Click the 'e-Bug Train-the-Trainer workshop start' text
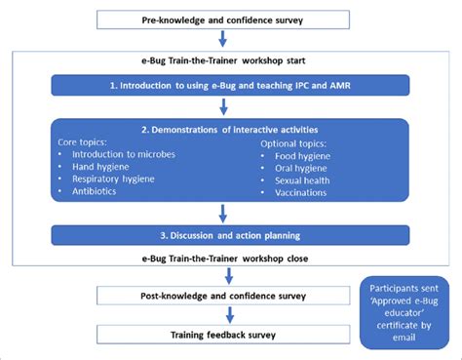[x=225, y=61]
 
